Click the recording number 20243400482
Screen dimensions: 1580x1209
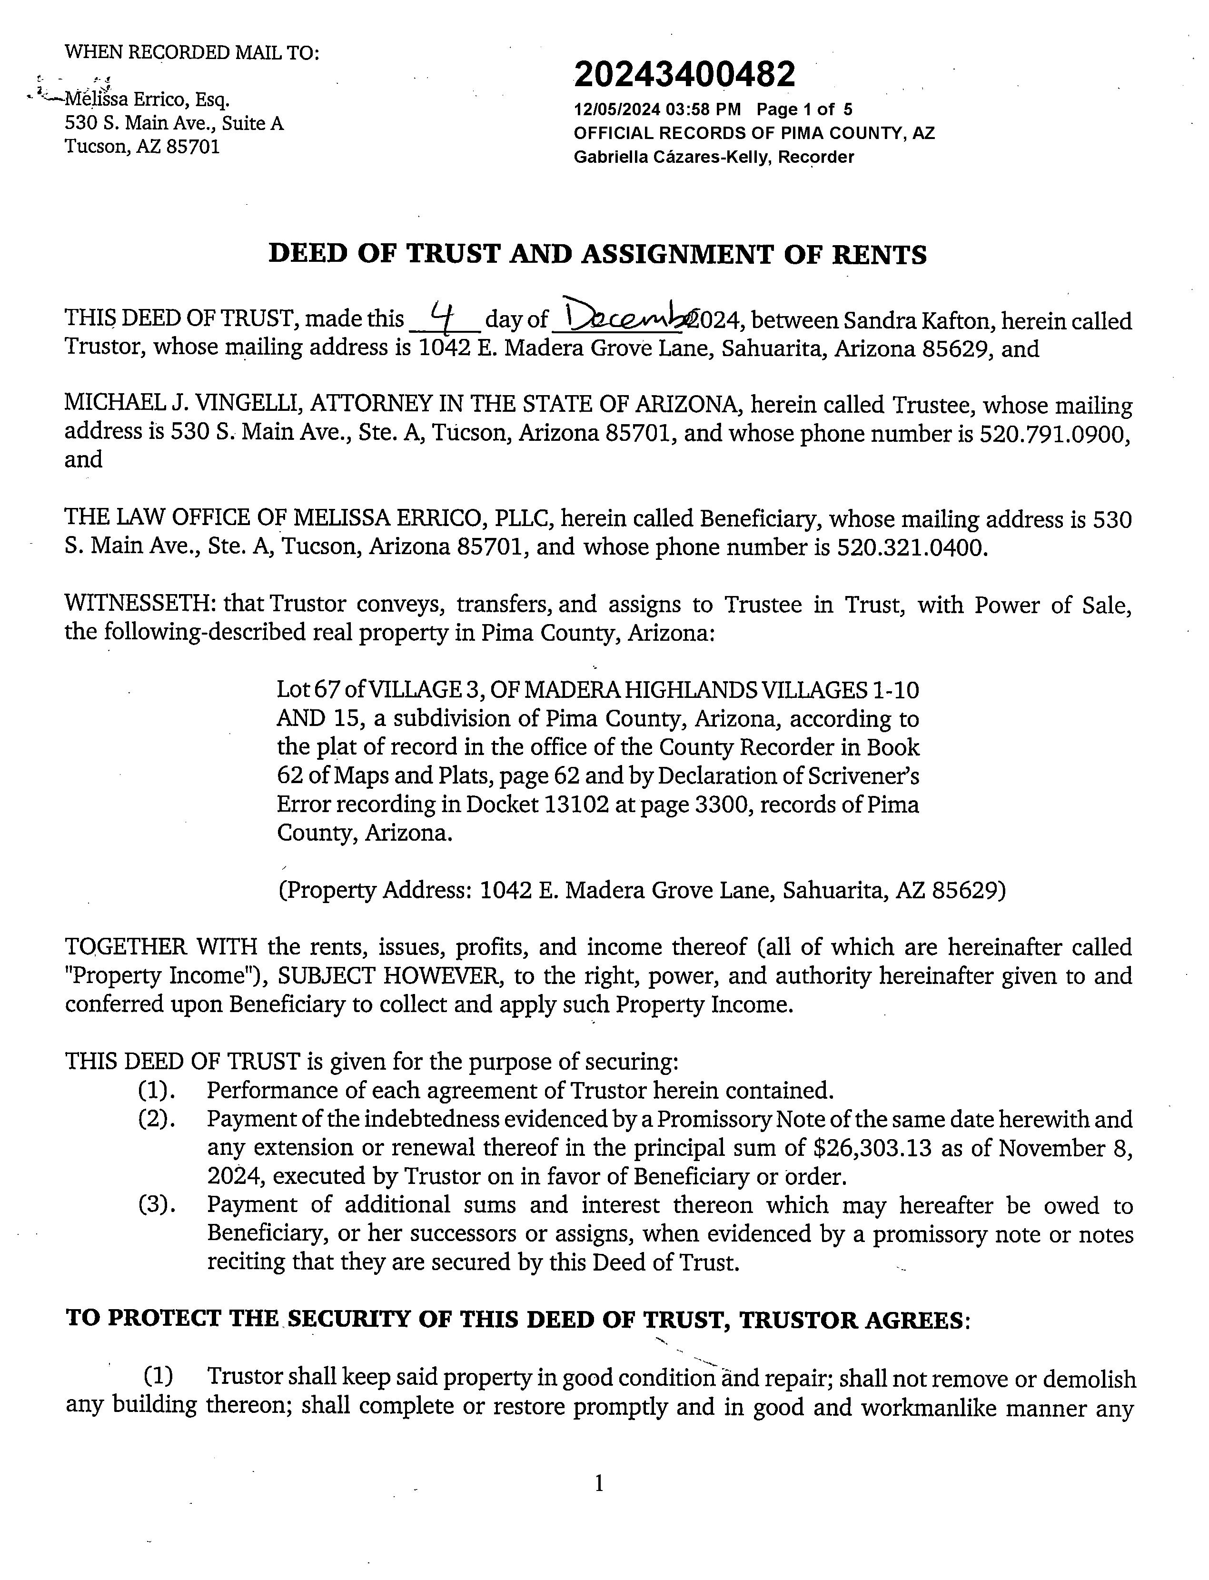tap(684, 74)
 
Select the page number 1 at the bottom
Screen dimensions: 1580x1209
tap(599, 1483)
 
